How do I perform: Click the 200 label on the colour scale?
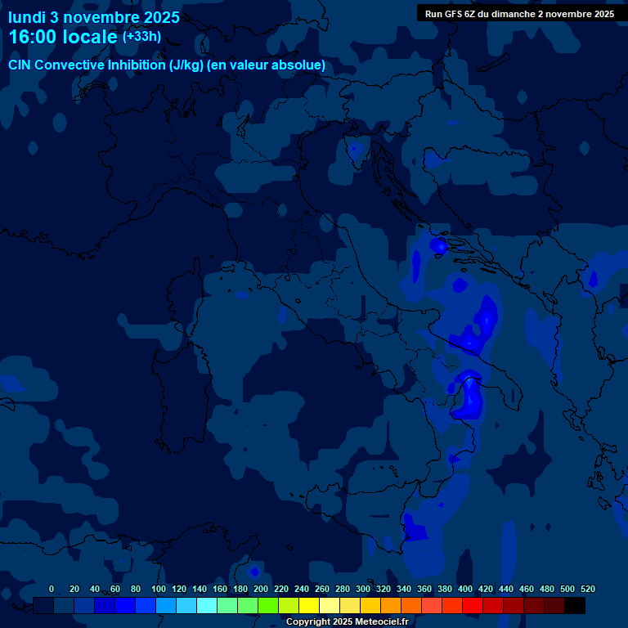[261, 589]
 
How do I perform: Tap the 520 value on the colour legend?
[588, 589]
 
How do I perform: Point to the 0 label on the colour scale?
[52, 589]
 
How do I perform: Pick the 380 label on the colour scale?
[445, 589]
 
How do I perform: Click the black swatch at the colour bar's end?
[575, 605]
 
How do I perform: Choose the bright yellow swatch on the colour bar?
[309, 605]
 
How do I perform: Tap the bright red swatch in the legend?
[473, 605]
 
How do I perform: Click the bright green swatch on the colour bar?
[268, 605]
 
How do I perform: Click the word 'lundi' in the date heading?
[27, 17]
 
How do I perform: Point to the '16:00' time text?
[34, 38]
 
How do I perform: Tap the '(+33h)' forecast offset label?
[141, 37]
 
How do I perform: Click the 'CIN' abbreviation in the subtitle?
[20, 65]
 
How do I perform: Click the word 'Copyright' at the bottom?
[307, 622]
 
